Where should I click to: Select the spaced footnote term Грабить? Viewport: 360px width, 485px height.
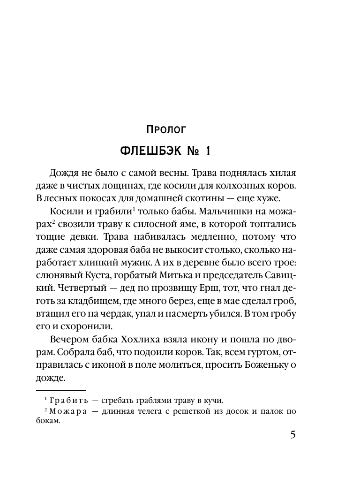click(x=65, y=400)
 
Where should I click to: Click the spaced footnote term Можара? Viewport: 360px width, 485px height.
click(x=65, y=411)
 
